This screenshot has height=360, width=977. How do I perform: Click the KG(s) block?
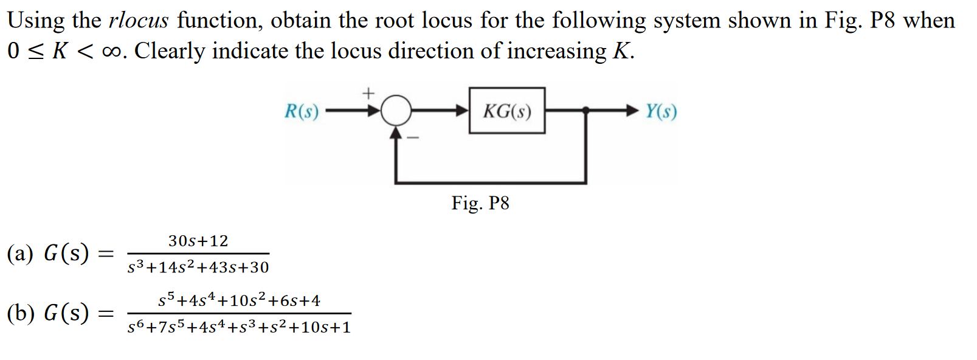point(506,111)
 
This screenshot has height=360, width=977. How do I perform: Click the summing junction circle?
point(396,111)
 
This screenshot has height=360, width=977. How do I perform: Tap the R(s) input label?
point(302,111)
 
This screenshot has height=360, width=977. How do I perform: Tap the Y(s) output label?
point(661,111)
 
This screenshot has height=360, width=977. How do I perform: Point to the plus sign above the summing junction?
point(368,94)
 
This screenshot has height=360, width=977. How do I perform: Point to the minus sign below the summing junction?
point(413,138)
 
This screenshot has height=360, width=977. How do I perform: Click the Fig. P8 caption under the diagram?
point(480,203)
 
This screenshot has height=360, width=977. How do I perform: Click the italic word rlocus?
point(138,21)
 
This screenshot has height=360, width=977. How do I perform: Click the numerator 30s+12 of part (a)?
point(198,241)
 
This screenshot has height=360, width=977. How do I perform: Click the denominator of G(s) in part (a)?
point(198,267)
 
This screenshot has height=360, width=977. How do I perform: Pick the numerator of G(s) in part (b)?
point(239,300)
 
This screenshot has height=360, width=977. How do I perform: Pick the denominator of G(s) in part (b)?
point(239,327)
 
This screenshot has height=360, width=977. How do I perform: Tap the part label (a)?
point(19,253)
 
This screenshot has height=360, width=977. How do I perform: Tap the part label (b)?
point(19,313)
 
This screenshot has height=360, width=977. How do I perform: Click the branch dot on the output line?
point(585,111)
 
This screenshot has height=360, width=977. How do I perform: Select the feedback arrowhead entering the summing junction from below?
point(396,132)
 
